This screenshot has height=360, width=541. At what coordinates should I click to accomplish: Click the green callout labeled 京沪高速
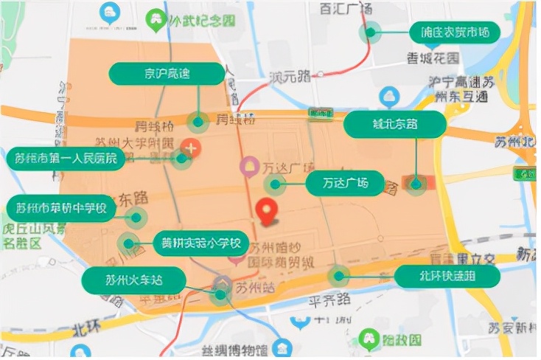click(x=167, y=73)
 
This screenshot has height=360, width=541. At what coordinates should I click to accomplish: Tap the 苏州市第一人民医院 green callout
click(x=66, y=158)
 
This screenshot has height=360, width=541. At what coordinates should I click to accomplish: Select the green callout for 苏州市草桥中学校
click(x=61, y=208)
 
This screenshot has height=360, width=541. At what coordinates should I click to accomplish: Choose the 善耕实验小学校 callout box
click(x=201, y=243)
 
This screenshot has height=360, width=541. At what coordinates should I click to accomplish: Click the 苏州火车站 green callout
click(x=133, y=280)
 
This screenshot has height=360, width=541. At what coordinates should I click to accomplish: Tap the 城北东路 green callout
click(x=395, y=125)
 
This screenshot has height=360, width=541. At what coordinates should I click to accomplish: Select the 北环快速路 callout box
click(x=448, y=277)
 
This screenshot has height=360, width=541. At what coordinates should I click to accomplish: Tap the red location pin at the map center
click(x=268, y=211)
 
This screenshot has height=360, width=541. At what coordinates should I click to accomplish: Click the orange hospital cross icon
click(x=192, y=148)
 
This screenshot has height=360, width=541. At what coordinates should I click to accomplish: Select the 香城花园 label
click(x=433, y=57)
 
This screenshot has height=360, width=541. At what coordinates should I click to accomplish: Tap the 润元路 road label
click(x=289, y=76)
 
